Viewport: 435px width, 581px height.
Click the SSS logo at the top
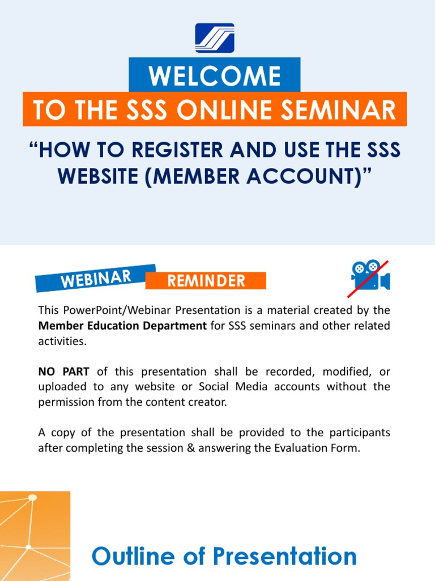point(215,38)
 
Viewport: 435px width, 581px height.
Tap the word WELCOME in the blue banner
point(215,76)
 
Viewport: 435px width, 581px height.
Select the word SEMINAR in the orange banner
point(345,110)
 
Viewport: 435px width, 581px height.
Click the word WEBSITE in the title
point(100,176)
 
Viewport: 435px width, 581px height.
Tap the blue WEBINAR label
point(96,279)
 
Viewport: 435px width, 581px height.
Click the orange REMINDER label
point(206,280)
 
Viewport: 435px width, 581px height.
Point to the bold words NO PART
point(64,372)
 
